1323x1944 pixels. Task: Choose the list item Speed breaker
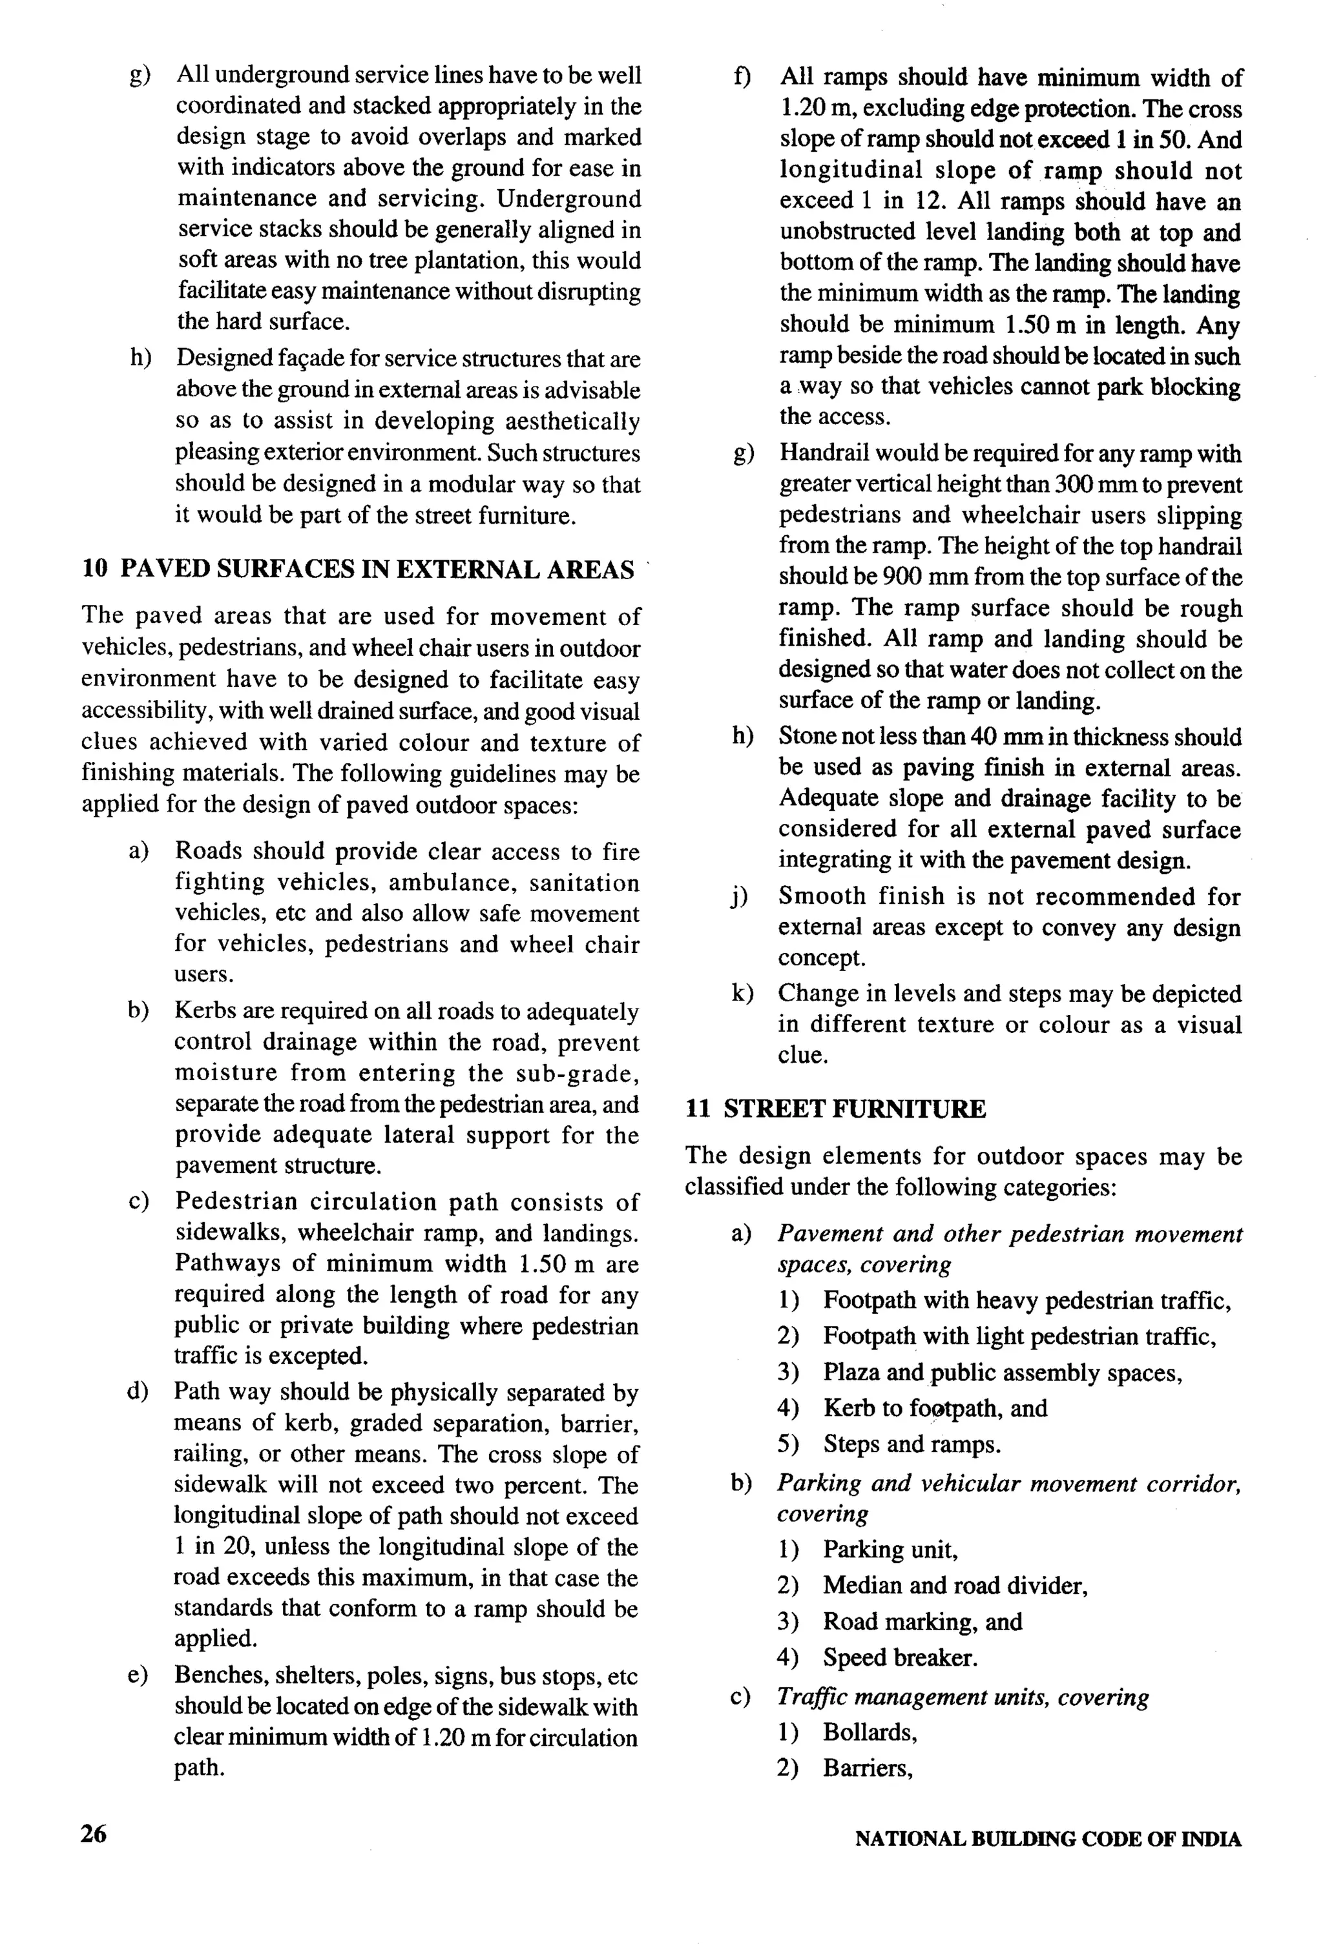[x=900, y=1657]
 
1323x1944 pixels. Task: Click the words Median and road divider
[x=954, y=1585]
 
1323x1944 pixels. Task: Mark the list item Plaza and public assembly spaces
[x=1002, y=1373]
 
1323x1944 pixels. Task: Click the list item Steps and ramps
[x=912, y=1445]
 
